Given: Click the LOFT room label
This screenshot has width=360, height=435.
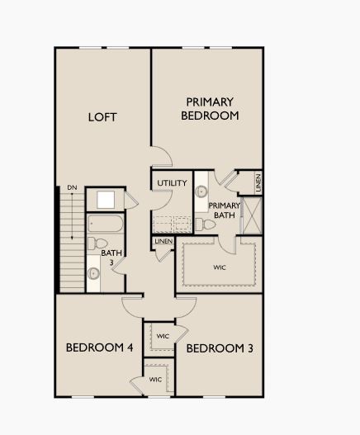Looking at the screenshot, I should [x=102, y=116].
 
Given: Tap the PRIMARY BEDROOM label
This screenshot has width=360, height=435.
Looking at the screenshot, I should [x=210, y=109].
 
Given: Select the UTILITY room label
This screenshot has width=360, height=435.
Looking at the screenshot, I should [x=172, y=182].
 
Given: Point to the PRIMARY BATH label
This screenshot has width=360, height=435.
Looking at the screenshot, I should [x=225, y=210].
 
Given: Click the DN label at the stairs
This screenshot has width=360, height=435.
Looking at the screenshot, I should [x=72, y=188].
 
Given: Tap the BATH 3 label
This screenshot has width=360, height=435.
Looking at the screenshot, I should [x=108, y=257].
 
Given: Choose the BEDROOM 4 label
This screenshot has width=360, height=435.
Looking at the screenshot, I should [x=99, y=348].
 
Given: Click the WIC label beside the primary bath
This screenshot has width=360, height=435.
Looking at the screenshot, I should [x=220, y=267].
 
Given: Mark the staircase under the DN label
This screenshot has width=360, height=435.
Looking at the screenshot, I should [x=71, y=240].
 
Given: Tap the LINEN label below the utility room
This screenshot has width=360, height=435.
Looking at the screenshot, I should [x=163, y=241].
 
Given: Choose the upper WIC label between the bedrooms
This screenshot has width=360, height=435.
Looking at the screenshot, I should [x=163, y=336].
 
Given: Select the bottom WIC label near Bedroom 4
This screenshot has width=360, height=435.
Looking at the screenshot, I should [x=155, y=380].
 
